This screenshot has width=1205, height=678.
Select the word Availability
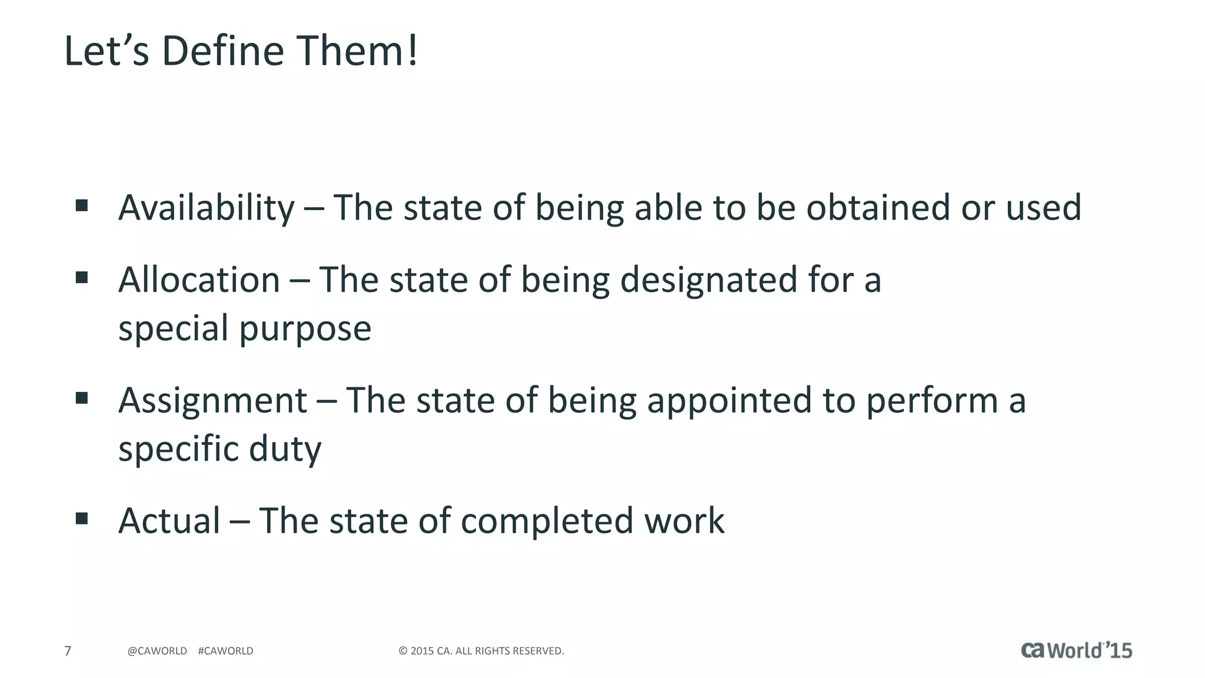[x=206, y=208]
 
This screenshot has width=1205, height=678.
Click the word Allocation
[x=199, y=280]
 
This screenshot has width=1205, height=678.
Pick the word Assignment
[x=212, y=401]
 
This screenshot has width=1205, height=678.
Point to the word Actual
[x=169, y=521]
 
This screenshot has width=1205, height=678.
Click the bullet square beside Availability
[x=82, y=205]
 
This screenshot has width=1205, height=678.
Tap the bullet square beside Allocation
[x=82, y=277]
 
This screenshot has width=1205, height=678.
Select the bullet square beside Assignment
[x=82, y=398]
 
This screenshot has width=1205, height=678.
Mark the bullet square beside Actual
[x=82, y=519]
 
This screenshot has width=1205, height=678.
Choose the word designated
[x=708, y=280]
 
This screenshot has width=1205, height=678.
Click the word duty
[x=285, y=450]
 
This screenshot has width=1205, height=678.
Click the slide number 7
[x=68, y=651]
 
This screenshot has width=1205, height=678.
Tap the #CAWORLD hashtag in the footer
[x=225, y=651]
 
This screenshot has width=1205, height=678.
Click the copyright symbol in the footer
[x=403, y=651]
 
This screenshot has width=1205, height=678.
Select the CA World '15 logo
[x=1076, y=650]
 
